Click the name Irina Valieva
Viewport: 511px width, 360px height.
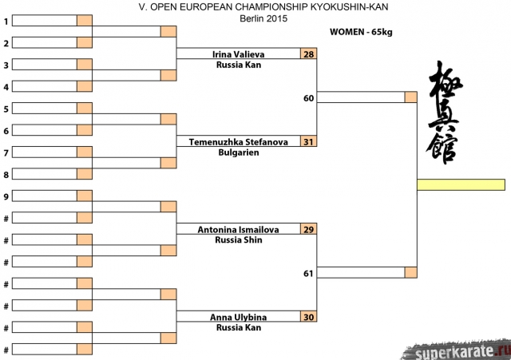(x=238, y=54)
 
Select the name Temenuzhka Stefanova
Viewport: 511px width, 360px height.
(x=238, y=142)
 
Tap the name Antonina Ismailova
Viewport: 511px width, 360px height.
(x=238, y=230)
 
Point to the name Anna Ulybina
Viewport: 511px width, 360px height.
(x=238, y=318)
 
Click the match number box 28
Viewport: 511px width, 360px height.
(x=309, y=54)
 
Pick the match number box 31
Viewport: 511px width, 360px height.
(x=309, y=142)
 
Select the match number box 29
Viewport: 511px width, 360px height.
(x=309, y=230)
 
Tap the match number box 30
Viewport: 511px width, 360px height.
(x=309, y=318)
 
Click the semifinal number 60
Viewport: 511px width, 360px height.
(x=308, y=98)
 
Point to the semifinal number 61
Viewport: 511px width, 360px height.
(x=308, y=273)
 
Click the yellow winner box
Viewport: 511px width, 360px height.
(x=461, y=185)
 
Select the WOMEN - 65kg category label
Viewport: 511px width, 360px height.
(x=361, y=32)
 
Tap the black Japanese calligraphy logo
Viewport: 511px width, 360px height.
(x=445, y=112)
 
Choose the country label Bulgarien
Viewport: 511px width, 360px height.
(x=238, y=152)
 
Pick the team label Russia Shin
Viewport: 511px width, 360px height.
(x=238, y=240)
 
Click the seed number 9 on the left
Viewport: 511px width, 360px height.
(x=6, y=196)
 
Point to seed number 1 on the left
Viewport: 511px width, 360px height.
(x=6, y=22)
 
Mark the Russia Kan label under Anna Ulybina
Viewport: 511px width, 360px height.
(x=238, y=328)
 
